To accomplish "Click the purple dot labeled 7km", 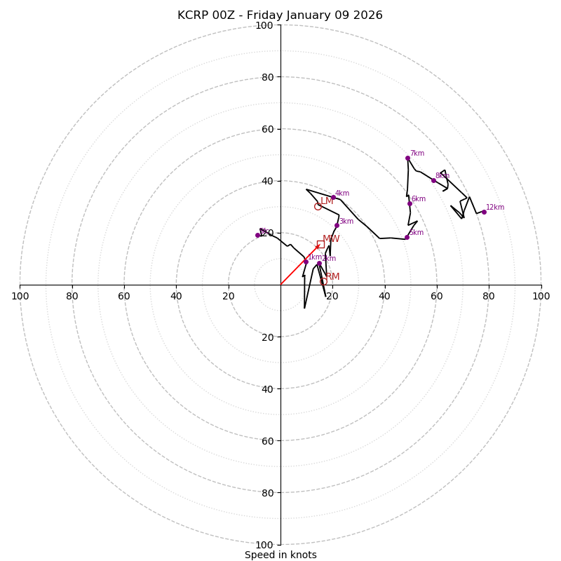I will pyautogui.click(x=407, y=158).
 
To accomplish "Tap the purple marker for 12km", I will pyautogui.click(x=484, y=212).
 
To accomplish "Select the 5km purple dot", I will pyautogui.click(x=407, y=237).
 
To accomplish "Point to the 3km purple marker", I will pyautogui.click(x=337, y=225).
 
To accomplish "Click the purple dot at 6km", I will pyautogui.click(x=410, y=203).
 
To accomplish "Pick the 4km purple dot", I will pyautogui.click(x=333, y=197).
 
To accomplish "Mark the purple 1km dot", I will pyautogui.click(x=306, y=262).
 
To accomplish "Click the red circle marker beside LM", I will pyautogui.click(x=318, y=206).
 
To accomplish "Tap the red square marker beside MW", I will pyautogui.click(x=320, y=244).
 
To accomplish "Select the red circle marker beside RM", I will pyautogui.click(x=323, y=281).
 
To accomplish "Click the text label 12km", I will pyautogui.click(x=495, y=208).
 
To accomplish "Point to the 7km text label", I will pyautogui.click(x=417, y=154).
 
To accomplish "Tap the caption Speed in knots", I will pyautogui.click(x=280, y=555).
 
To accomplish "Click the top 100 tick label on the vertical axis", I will pyautogui.click(x=264, y=25).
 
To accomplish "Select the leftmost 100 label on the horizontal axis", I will pyautogui.click(x=20, y=296).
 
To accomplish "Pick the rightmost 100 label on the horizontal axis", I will pyautogui.click(x=541, y=296).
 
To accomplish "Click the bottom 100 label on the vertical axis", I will pyautogui.click(x=264, y=544).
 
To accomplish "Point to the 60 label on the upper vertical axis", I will pyautogui.click(x=267, y=129).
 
